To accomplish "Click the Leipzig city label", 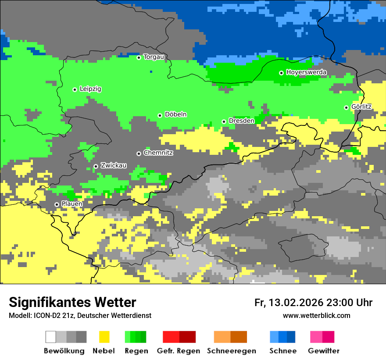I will (90, 89).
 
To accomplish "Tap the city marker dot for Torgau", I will (139, 57).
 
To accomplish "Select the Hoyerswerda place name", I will (306, 72).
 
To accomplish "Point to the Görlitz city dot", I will (346, 107).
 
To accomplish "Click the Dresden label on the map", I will (241, 121).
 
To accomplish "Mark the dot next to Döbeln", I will (160, 115).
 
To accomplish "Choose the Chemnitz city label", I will (158, 153).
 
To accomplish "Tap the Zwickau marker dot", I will (96, 166).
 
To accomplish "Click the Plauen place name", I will (72, 204).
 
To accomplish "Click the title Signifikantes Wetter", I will (72, 303).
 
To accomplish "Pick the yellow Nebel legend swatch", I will (104, 337).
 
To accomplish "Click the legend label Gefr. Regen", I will (179, 351).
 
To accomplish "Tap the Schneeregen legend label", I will (231, 351).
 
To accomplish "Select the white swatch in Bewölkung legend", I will (50, 337).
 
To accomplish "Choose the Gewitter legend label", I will (323, 351).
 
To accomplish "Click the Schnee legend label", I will (282, 351).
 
